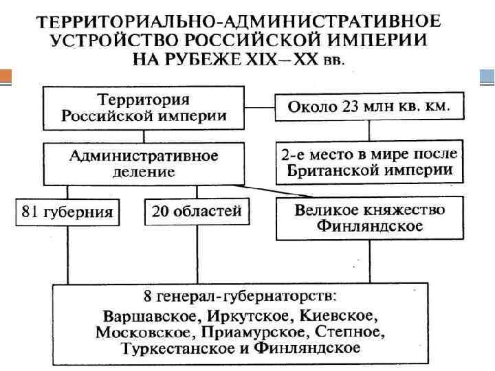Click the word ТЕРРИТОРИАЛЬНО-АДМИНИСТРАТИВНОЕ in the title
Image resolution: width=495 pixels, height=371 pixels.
241,21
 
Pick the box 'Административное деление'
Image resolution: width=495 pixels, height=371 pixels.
144,164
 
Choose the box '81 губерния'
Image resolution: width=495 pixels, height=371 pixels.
68,212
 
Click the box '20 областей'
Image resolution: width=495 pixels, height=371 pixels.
197,211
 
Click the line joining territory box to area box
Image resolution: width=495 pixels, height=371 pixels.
262,106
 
